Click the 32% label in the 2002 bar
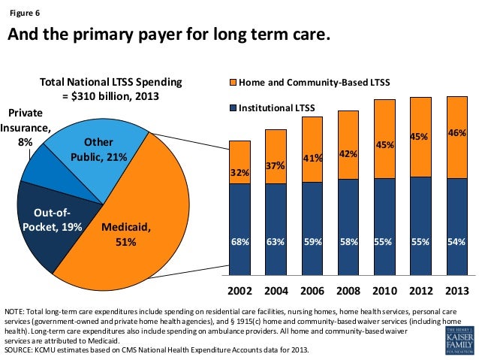tap(239, 173)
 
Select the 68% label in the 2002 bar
tap(239, 241)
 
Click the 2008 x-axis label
tap(348, 291)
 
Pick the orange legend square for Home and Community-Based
tap(233, 81)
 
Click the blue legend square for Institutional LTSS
tap(233, 107)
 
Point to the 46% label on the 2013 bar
tap(456, 132)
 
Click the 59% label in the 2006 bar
tap(312, 241)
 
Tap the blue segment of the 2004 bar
tap(276, 225)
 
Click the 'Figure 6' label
tap(25, 13)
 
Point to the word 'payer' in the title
tap(158, 36)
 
